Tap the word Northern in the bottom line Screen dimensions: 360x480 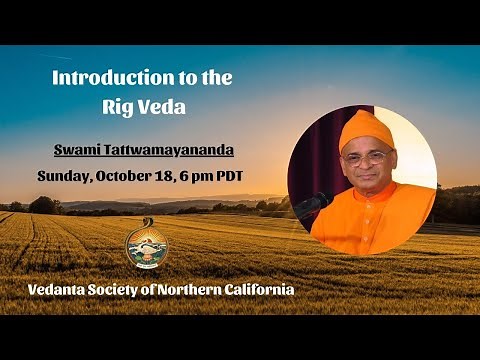pos(209,290)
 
